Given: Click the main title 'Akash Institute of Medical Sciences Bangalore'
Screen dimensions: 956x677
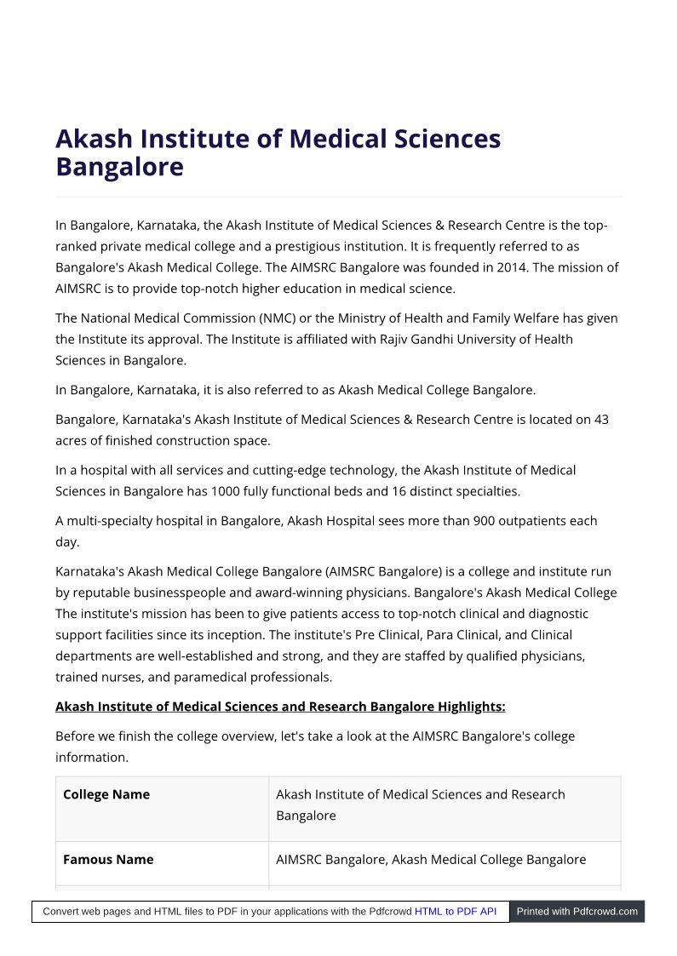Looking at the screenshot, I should point(278,152).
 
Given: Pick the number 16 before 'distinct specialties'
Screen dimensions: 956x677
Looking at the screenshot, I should point(399,491).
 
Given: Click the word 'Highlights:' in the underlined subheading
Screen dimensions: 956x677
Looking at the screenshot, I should point(471,707).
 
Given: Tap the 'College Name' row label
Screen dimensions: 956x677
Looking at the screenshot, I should point(106,794).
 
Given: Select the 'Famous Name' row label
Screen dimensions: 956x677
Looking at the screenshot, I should point(108,860).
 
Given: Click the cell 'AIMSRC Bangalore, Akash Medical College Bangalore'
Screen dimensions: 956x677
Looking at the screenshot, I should point(431,860).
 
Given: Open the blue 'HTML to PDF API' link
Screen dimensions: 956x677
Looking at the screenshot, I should point(456,912).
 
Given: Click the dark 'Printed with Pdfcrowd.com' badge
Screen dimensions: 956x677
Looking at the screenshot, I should point(577,912).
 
